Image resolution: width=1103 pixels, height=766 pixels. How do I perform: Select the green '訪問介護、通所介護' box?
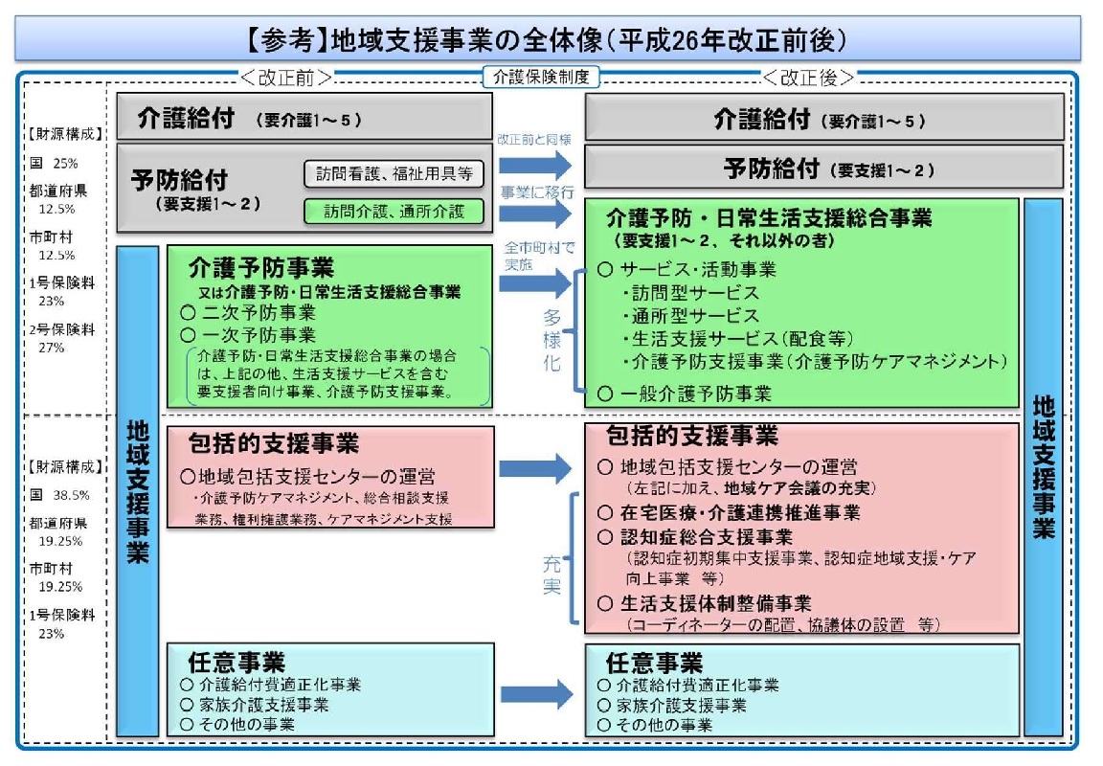pos(394,211)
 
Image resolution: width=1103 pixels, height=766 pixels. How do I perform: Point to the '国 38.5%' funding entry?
pos(59,495)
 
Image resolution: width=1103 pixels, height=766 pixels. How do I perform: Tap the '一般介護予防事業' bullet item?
pos(687,393)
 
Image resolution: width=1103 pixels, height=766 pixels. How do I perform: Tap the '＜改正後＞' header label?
pos(809,78)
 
